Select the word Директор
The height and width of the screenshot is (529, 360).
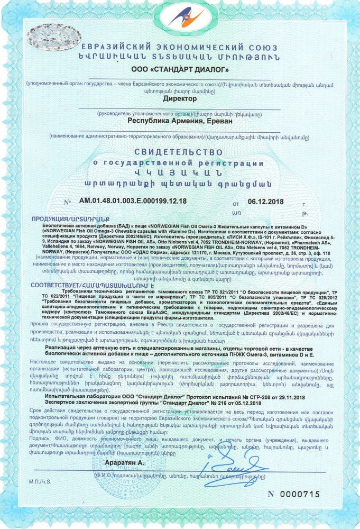point(180,98)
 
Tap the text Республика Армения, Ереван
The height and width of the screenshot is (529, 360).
point(180,120)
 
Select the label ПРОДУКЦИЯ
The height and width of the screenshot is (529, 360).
point(53,218)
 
